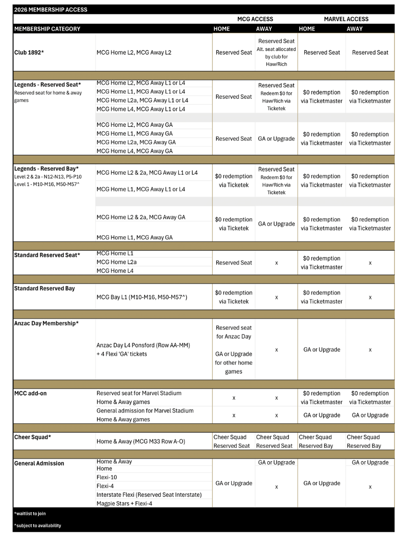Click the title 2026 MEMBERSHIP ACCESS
pyautogui.click(x=51, y=9)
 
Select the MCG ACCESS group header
pyautogui.click(x=255, y=19)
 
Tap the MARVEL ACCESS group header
pyautogui.click(x=346, y=19)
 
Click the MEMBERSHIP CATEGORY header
pyautogui.click(x=48, y=29)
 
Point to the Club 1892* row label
pyautogui.click(x=29, y=53)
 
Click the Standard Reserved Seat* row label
pyautogui.click(x=47, y=255)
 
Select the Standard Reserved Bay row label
pyautogui.click(x=44, y=288)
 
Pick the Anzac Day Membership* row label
pyautogui.click(x=46, y=323)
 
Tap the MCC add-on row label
pyautogui.click(x=31, y=393)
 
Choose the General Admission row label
pyautogui.click(x=39, y=463)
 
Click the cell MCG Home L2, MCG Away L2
pyautogui.click(x=134, y=53)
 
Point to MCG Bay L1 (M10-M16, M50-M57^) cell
pyautogui.click(x=142, y=297)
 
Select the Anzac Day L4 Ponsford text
pyautogui.click(x=143, y=345)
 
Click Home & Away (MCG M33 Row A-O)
pyautogui.click(x=141, y=442)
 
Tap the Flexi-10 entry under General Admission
pyautogui.click(x=107, y=477)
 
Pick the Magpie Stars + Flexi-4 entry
pyautogui.click(x=124, y=504)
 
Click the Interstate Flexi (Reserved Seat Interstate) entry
pyautogui.click(x=149, y=495)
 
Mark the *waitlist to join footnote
pyautogui.click(x=30, y=513)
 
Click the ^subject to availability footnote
pyautogui.click(x=37, y=526)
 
